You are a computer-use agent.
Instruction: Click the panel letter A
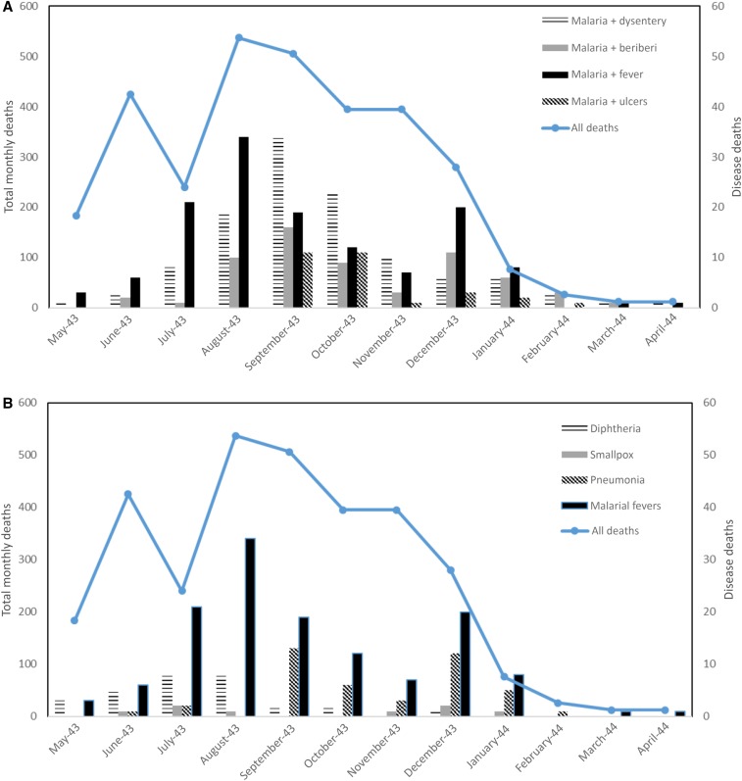pyautogui.click(x=8, y=7)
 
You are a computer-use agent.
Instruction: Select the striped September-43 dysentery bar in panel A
pyautogui.click(x=277, y=222)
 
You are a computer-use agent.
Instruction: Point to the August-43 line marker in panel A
pyautogui.click(x=238, y=37)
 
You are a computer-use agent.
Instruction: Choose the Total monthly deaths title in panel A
pyautogui.click(x=11, y=158)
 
